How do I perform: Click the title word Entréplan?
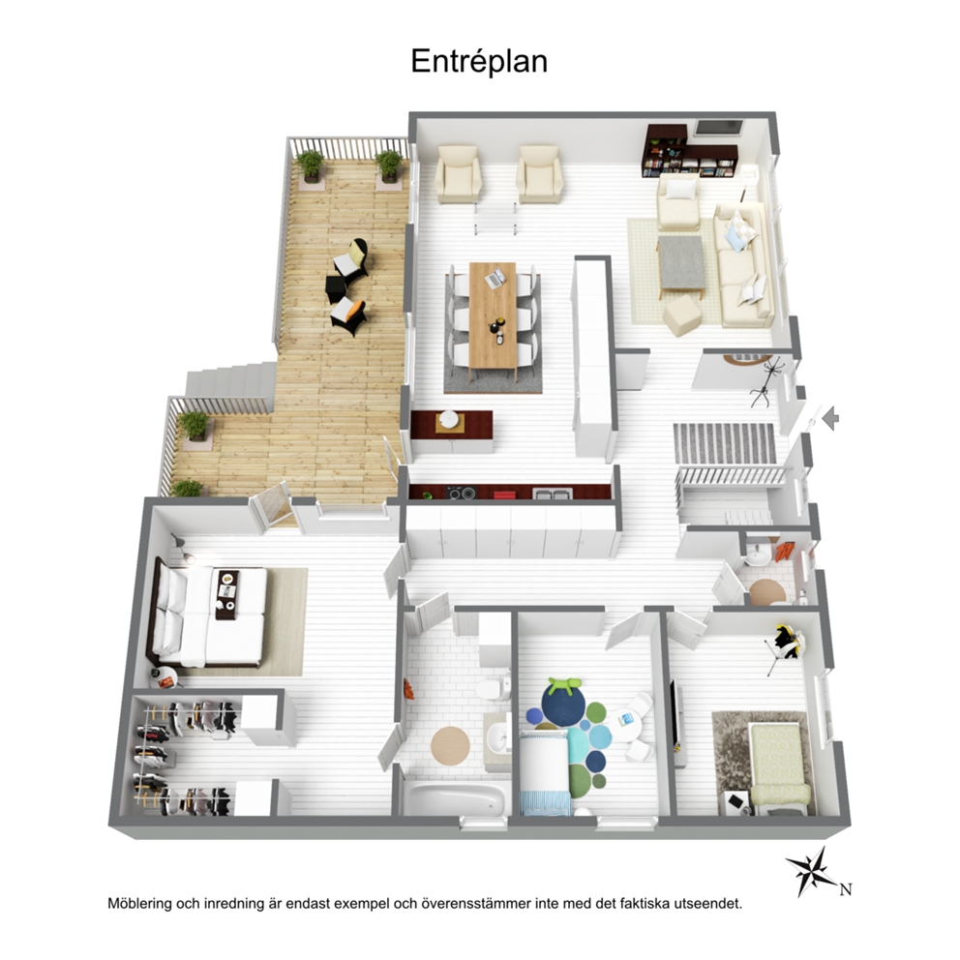[479, 62]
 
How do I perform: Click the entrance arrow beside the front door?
[830, 419]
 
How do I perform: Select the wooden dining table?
[493, 316]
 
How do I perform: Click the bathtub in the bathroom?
[456, 798]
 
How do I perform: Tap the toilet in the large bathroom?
[495, 688]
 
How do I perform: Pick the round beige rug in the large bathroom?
[450, 744]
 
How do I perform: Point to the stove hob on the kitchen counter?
[461, 493]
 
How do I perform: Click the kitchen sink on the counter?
[553, 493]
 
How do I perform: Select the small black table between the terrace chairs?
[335, 288]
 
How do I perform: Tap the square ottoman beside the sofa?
[682, 315]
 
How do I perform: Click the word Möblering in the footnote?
[139, 904]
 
